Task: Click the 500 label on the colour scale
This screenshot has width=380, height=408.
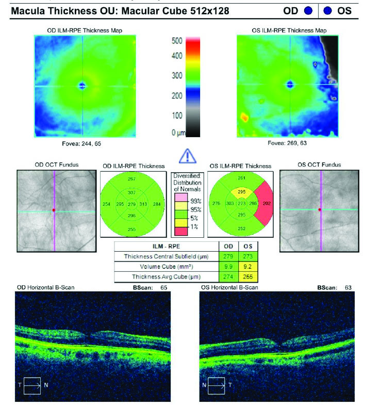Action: click(177, 40)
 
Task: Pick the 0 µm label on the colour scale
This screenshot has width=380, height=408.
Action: click(177, 133)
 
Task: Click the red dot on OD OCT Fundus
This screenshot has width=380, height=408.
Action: click(53, 210)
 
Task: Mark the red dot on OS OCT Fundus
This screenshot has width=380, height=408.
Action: click(320, 209)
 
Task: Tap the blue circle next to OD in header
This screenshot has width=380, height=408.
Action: click(308, 10)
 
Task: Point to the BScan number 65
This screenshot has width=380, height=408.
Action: click(164, 287)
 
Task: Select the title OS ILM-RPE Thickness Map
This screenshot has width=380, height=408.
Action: click(289, 30)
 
